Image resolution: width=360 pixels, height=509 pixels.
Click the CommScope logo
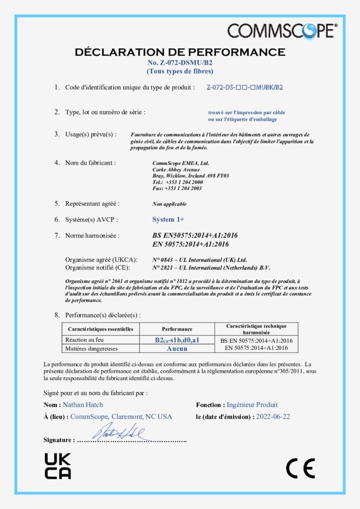coord(282,30)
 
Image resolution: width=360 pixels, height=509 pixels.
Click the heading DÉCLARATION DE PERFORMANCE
coord(180,52)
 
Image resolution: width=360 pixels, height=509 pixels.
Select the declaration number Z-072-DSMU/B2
coord(180,63)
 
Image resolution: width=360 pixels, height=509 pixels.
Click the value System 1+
coord(168,219)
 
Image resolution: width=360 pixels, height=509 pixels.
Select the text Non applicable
coord(170,204)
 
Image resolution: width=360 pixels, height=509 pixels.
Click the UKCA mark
coord(58,466)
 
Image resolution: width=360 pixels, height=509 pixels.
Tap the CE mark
coord(300,467)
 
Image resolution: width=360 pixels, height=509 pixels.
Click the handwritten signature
coord(117,433)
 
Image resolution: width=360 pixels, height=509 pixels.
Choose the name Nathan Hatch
coord(83,405)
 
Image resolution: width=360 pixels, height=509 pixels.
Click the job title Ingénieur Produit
coord(252,405)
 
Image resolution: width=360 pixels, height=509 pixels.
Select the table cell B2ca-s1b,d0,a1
coord(177,340)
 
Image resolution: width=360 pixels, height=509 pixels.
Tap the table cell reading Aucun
coord(177,348)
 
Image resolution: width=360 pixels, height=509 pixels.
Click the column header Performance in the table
coord(177,329)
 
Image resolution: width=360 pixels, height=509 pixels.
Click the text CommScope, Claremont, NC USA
coord(121,417)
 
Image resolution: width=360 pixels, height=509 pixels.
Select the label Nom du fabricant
coord(90,163)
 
